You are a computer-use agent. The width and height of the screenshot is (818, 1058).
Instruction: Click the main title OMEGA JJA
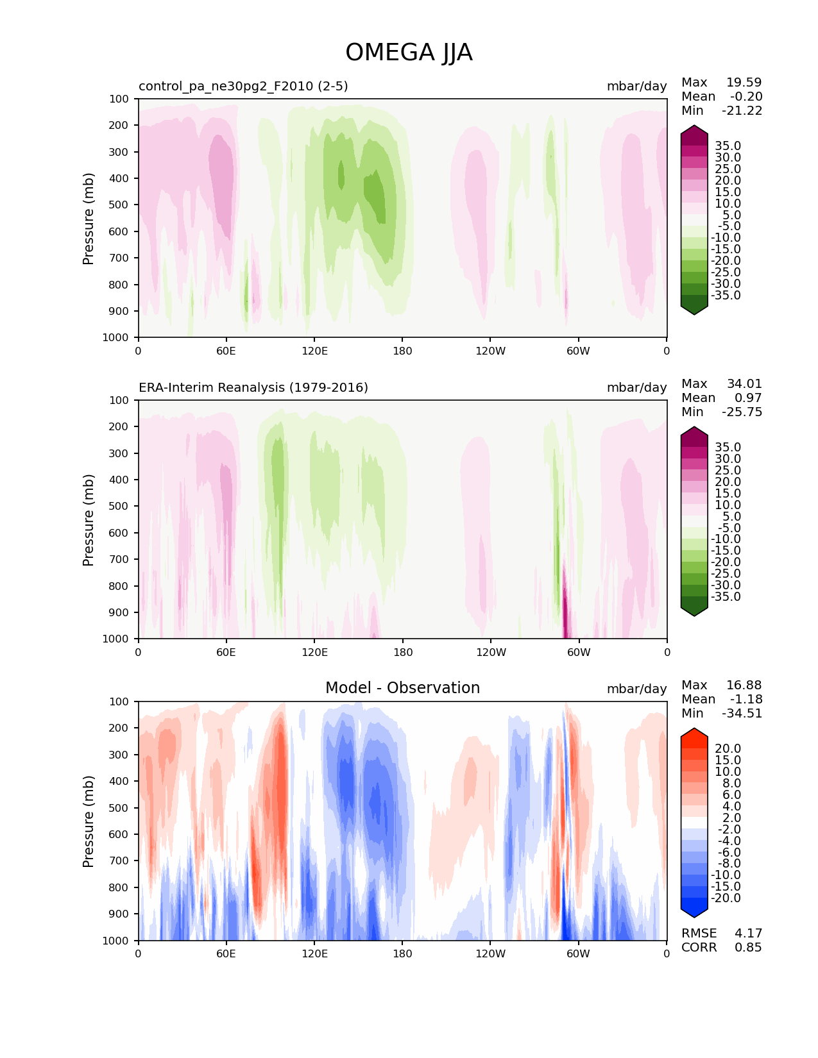pos(409,53)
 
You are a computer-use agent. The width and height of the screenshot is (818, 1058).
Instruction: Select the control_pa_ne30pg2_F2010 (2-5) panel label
pos(243,86)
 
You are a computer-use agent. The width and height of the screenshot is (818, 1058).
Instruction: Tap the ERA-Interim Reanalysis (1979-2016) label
pos(253,387)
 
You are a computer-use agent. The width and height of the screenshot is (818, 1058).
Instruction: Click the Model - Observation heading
pos(402,688)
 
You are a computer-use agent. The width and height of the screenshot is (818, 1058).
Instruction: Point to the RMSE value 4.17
pos(748,933)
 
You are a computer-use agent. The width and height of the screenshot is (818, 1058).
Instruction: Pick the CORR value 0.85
pos(748,947)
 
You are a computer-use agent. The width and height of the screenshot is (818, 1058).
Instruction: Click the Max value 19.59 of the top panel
pos(744,82)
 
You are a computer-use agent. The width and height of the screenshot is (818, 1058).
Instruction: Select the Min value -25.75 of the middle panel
pos(742,412)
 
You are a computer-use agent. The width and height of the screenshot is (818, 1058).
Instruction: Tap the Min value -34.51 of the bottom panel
pos(742,713)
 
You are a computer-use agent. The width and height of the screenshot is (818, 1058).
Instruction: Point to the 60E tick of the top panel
pos(226,351)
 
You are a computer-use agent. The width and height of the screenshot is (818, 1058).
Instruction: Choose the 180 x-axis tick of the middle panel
pos(402,652)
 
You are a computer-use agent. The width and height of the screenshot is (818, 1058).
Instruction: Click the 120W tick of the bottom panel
pos(490,953)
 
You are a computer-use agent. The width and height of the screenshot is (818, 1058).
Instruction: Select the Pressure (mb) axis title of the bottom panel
pos(89,821)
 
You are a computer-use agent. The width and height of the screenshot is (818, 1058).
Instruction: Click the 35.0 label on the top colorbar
pos(728,146)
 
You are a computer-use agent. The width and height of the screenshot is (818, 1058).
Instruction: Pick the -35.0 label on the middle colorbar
pos(726,596)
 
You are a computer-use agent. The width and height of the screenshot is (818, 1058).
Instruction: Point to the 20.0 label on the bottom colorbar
pos(728,748)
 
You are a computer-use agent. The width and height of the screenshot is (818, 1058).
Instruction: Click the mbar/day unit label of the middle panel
pos(636,387)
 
